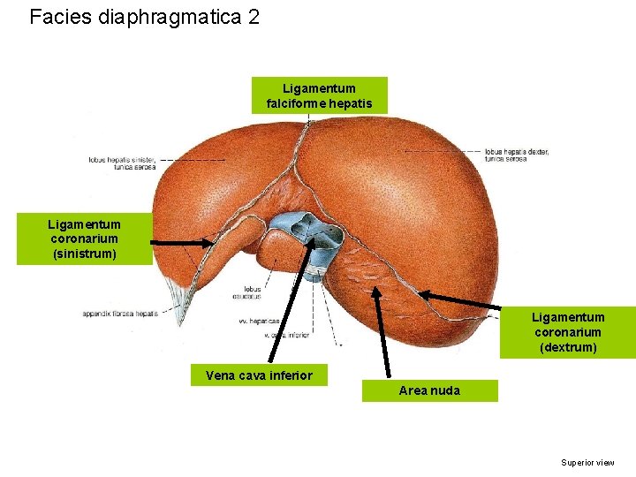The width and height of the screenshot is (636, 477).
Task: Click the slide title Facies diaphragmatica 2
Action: (x=144, y=17)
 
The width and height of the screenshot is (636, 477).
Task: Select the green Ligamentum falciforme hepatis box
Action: (x=319, y=96)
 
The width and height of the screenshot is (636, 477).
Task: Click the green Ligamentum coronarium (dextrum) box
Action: (x=567, y=332)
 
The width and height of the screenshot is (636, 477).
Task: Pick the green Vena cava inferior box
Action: (x=259, y=375)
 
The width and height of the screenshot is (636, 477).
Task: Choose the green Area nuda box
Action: (x=429, y=390)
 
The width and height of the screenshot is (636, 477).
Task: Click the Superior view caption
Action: (x=587, y=462)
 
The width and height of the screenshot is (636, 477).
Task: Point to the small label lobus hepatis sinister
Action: (x=121, y=163)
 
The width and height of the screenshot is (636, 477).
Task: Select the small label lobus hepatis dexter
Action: (x=517, y=155)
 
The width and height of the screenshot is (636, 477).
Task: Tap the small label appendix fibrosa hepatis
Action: (x=120, y=314)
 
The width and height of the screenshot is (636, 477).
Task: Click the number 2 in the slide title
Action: (x=254, y=17)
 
